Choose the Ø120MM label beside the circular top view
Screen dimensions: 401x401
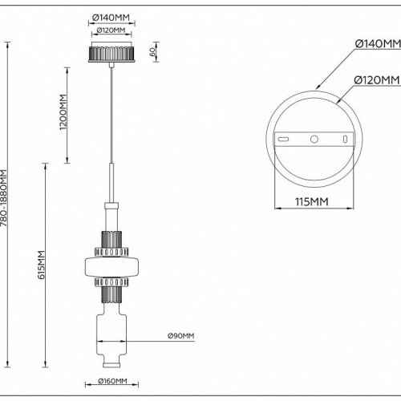378,80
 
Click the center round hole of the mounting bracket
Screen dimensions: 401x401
314,139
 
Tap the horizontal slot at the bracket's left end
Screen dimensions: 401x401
283,140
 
